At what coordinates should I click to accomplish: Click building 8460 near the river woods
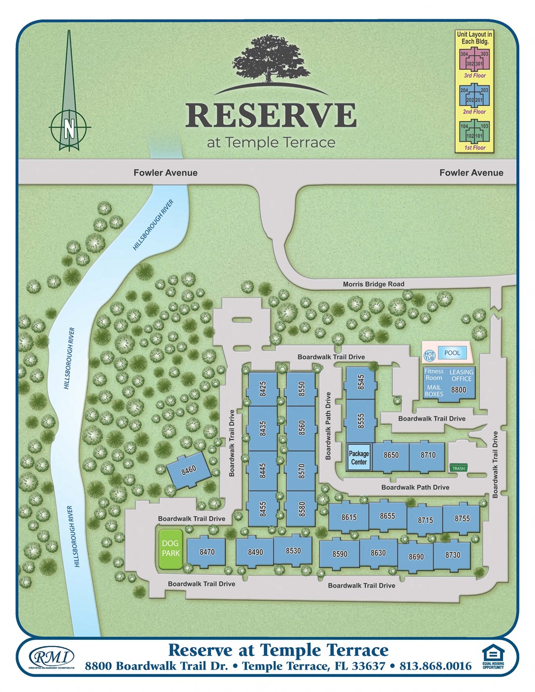point(189,470)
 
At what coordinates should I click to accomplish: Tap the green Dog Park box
point(170,548)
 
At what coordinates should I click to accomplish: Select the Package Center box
point(358,458)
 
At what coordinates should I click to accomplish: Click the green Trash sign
point(458,468)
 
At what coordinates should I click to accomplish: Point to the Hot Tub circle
point(429,356)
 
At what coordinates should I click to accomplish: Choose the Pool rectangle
point(452,353)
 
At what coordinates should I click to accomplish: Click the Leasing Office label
point(461,375)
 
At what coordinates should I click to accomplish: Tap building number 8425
point(263,389)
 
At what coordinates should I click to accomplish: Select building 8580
point(301,509)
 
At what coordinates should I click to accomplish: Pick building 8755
point(462,519)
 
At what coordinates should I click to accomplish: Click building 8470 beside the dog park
point(207,552)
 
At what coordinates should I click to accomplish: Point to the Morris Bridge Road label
point(373,284)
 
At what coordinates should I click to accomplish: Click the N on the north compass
point(69,127)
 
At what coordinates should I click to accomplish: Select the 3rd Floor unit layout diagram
point(474,60)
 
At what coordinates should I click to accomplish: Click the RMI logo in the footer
point(51,657)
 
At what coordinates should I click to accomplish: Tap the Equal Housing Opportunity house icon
point(493,653)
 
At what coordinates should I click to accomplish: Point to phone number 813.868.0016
point(435,666)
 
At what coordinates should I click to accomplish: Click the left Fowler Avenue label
point(165,173)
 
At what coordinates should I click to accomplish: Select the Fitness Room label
point(434,374)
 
